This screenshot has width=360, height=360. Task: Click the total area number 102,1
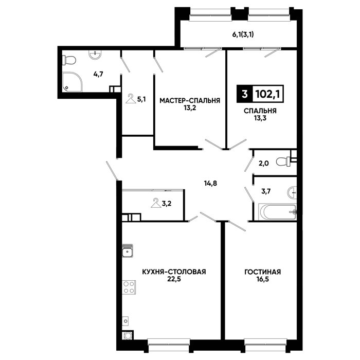click(x=267, y=94)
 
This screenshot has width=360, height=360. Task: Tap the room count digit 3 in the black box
click(x=245, y=94)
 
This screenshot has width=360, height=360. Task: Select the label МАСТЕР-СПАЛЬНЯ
click(x=190, y=101)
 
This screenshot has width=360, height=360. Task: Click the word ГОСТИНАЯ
click(x=263, y=272)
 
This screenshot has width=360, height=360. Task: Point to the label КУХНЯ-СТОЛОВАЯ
click(x=174, y=272)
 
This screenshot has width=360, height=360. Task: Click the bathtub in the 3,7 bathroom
click(x=277, y=212)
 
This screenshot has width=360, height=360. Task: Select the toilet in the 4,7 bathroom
click(x=69, y=60)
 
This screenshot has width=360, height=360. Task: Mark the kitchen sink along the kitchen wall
click(x=128, y=250)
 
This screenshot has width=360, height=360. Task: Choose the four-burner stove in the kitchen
click(x=129, y=287)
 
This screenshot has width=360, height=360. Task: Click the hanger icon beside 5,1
click(x=131, y=99)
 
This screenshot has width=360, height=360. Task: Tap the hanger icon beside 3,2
click(x=156, y=203)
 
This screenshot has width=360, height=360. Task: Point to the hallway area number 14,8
click(x=210, y=183)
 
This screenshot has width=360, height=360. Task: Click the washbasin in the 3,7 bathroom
click(x=292, y=192)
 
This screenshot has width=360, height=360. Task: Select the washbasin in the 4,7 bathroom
click(x=95, y=55)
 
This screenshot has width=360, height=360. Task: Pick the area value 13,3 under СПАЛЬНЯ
click(x=260, y=118)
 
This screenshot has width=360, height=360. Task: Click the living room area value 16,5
click(x=263, y=279)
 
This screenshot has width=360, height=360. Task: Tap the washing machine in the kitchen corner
click(x=128, y=335)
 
